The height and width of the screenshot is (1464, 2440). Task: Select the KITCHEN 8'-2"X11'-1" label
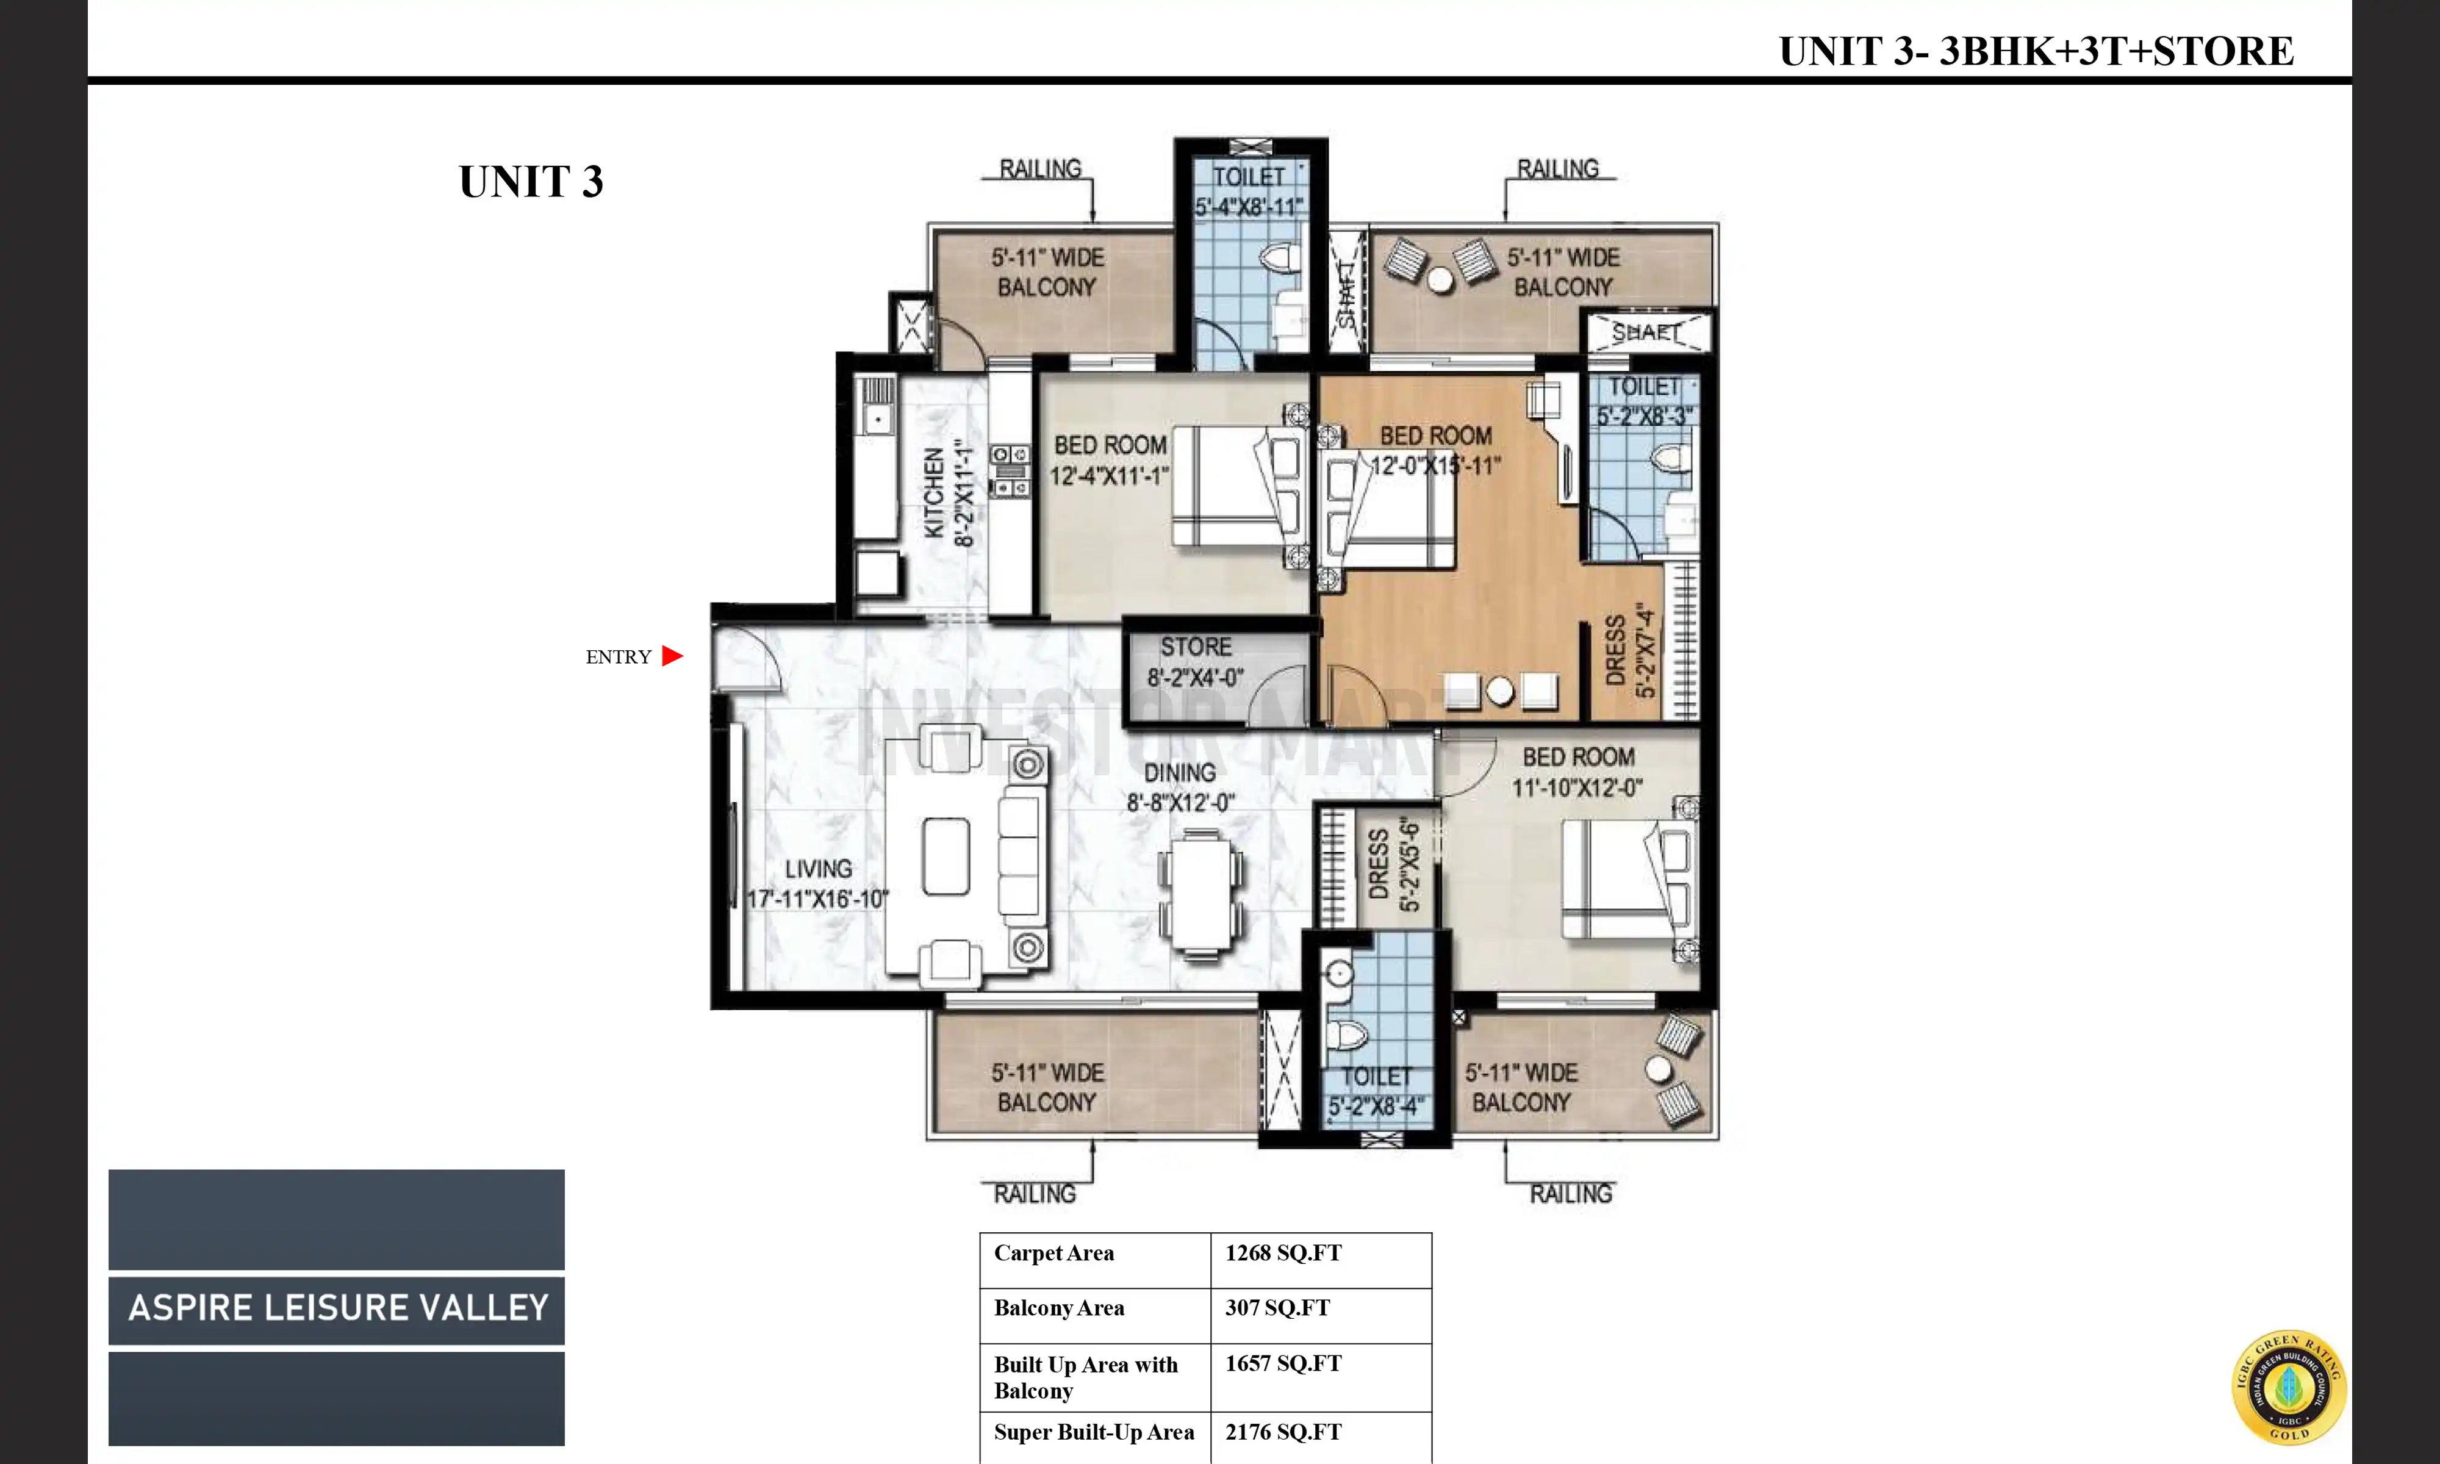[948, 495]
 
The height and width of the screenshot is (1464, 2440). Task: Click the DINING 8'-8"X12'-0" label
[1180, 788]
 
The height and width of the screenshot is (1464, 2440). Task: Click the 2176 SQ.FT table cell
[1282, 1432]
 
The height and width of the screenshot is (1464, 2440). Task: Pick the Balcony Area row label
[1058, 1308]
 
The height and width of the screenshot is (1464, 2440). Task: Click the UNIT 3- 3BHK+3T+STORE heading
[2036, 51]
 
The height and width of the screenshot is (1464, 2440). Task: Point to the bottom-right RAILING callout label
[1570, 1194]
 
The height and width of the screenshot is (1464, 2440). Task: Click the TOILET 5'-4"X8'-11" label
[1249, 192]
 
